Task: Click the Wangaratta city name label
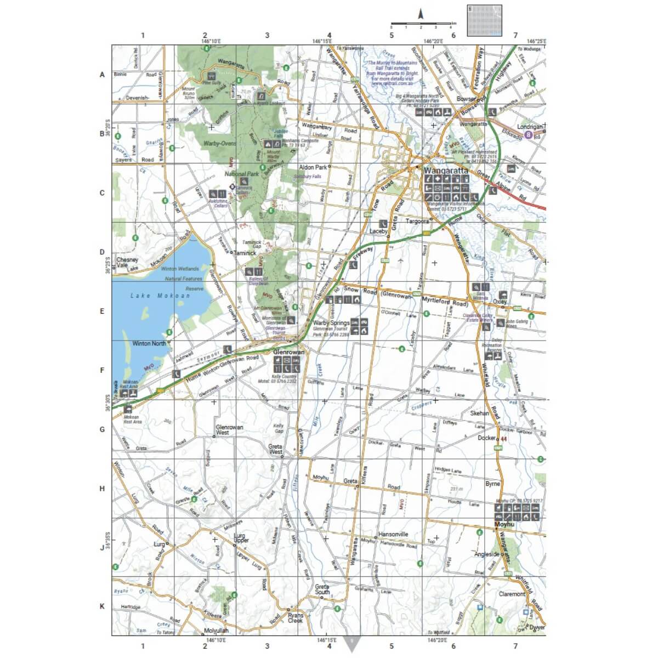pyautogui.click(x=445, y=171)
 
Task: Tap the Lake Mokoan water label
pyautogui.click(x=160, y=296)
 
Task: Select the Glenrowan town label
pyautogui.click(x=288, y=352)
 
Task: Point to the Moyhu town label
pyautogui.click(x=504, y=525)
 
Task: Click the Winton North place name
pyautogui.click(x=149, y=344)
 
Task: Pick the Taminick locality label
pyautogui.click(x=245, y=254)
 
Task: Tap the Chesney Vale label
pyautogui.click(x=127, y=263)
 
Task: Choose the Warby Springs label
pyautogui.click(x=331, y=323)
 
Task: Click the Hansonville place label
pyautogui.click(x=393, y=534)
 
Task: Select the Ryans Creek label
pyautogui.click(x=295, y=618)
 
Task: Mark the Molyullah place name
pyautogui.click(x=215, y=631)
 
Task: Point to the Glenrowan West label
pyautogui.click(x=230, y=430)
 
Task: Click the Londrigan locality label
pyautogui.click(x=529, y=127)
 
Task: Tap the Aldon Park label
pyautogui.click(x=313, y=167)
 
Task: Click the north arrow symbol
pyautogui.click(x=421, y=14)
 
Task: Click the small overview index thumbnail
pyautogui.click(x=484, y=20)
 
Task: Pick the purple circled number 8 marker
pyautogui.click(x=528, y=134)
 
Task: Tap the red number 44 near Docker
pyautogui.click(x=503, y=439)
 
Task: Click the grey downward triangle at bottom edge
pyautogui.click(x=351, y=643)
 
